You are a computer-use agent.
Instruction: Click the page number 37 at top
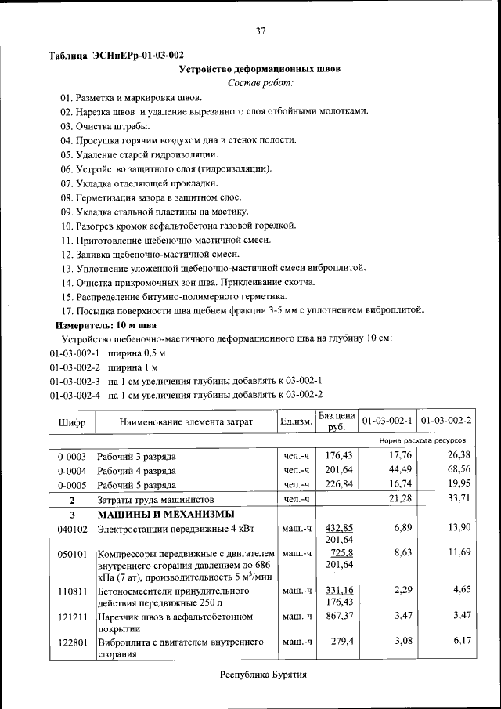(260, 31)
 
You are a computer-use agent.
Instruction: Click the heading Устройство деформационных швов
(260, 69)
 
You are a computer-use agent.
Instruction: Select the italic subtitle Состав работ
(260, 83)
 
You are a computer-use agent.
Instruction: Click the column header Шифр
(71, 422)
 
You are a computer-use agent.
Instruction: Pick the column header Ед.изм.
(296, 422)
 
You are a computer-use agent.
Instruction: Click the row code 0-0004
(71, 470)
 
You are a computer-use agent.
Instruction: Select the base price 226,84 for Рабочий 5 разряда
(339, 484)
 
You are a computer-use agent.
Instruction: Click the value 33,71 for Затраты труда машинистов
(458, 499)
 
